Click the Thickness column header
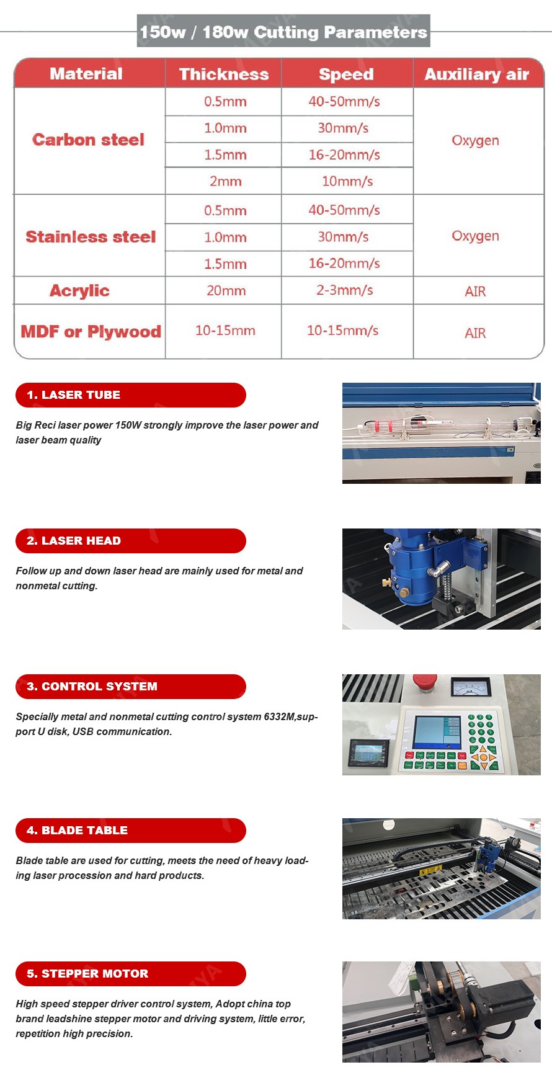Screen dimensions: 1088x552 click(223, 74)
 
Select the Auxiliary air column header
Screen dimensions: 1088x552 click(476, 74)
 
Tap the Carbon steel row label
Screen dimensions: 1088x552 click(88, 140)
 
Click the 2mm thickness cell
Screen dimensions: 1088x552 click(225, 181)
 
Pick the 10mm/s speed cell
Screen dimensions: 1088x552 click(347, 181)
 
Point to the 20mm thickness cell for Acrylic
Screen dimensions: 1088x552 click(226, 290)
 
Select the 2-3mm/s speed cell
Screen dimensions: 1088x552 click(344, 290)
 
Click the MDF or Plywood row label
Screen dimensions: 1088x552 click(91, 332)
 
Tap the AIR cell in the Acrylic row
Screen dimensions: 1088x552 click(475, 292)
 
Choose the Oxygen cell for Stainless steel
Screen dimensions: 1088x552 click(475, 236)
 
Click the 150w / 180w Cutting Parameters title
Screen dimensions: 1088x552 click(283, 32)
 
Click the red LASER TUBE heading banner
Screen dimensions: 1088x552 click(130, 395)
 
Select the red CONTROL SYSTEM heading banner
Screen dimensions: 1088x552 click(130, 687)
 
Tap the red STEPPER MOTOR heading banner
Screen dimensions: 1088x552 click(130, 974)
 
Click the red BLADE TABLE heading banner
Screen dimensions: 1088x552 click(130, 831)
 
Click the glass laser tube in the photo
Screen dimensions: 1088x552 click(434, 426)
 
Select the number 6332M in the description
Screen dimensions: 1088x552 click(280, 717)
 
